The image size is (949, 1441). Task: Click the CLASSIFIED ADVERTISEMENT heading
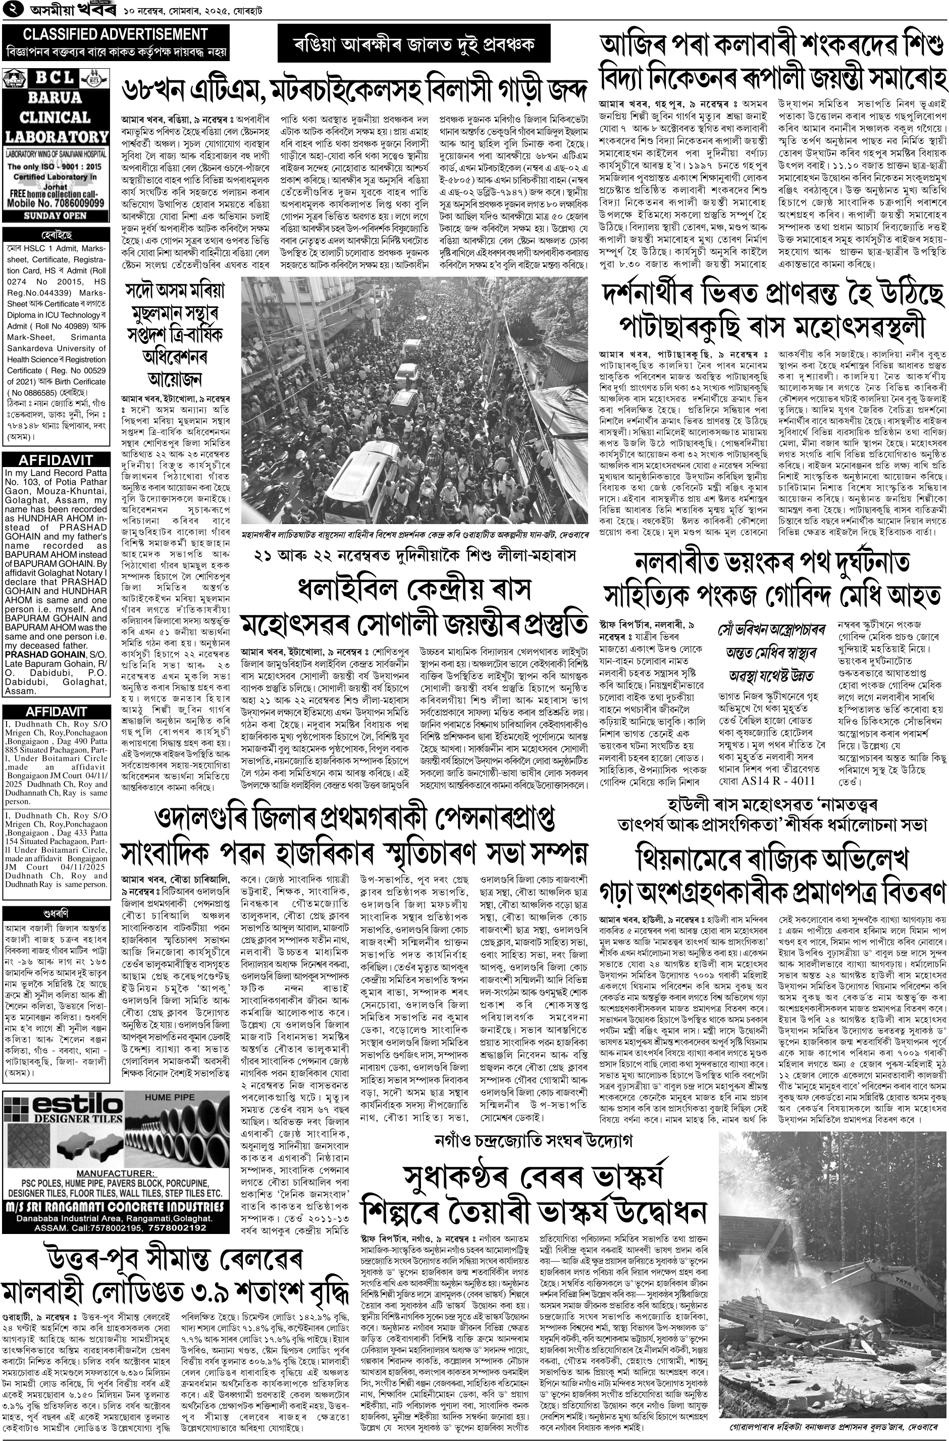coord(107,34)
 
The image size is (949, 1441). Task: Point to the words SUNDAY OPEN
coord(55,216)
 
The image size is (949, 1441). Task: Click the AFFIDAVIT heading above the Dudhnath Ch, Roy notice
coord(55,711)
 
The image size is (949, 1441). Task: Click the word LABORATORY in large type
coord(55,136)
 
